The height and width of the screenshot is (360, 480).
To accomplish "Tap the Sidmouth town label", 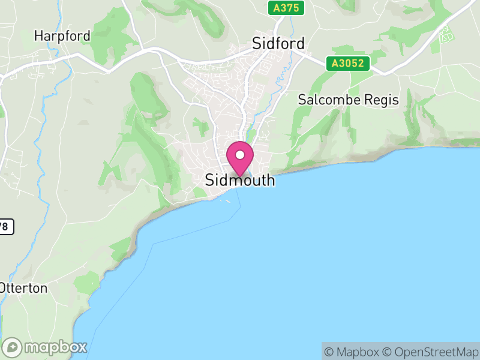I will click(x=240, y=180).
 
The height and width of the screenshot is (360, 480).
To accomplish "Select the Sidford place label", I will click(x=278, y=44).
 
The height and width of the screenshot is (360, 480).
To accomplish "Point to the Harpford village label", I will click(x=62, y=36).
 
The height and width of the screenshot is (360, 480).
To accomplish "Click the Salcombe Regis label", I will click(x=349, y=100).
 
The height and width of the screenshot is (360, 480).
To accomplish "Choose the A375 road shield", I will click(x=286, y=8).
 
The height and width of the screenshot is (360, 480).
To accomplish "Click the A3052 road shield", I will click(x=348, y=63).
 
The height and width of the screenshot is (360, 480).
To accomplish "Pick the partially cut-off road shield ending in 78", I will click(x=5, y=226).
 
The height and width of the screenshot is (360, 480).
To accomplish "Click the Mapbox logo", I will click(x=46, y=347).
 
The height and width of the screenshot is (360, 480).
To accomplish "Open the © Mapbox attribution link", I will click(x=352, y=352).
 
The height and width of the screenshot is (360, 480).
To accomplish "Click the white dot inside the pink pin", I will click(x=240, y=155).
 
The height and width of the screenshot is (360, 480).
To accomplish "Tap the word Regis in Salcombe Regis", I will click(x=382, y=100).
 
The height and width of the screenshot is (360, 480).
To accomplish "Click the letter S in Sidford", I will click(x=257, y=44).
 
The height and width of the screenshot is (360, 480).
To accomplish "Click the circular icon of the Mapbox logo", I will click(x=13, y=347).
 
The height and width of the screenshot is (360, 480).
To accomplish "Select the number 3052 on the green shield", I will click(x=354, y=63).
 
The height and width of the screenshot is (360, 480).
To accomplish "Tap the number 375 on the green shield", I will click(x=290, y=8).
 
